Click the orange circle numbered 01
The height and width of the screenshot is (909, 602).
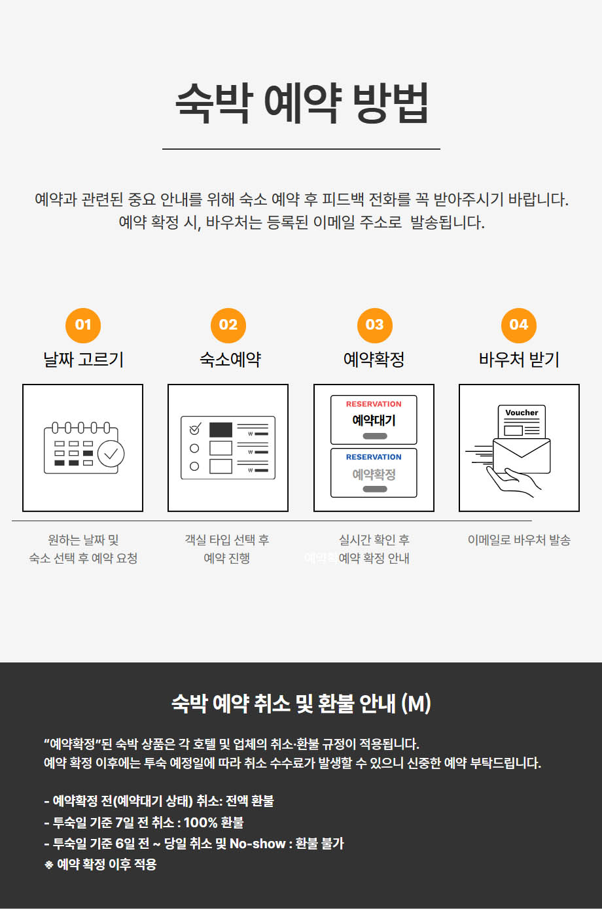click(x=83, y=326)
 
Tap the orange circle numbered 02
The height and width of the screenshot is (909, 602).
click(x=228, y=326)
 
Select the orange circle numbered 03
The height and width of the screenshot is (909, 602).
click(x=375, y=326)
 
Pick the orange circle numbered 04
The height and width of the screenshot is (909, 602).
click(x=519, y=326)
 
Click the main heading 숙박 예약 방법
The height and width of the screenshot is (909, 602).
click(x=302, y=103)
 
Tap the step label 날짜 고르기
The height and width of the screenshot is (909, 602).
click(x=83, y=360)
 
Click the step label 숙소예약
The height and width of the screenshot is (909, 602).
click(x=230, y=360)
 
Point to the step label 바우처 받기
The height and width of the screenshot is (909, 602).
click(x=519, y=360)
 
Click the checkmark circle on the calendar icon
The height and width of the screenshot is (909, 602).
click(x=111, y=454)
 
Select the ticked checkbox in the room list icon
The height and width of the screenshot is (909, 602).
click(x=195, y=428)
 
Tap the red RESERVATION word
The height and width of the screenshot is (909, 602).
click(x=374, y=404)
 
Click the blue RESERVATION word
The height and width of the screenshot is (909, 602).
click(x=374, y=457)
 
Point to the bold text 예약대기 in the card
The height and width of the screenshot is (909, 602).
click(x=374, y=420)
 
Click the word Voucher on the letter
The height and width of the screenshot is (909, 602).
click(x=522, y=413)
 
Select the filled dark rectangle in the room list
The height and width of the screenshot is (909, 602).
click(x=221, y=430)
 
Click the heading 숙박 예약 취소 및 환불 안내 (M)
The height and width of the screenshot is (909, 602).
click(x=301, y=704)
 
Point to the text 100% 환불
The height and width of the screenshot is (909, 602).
click(x=213, y=823)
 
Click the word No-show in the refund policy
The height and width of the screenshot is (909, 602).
click(x=258, y=844)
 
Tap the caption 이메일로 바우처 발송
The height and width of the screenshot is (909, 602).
click(x=519, y=540)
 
